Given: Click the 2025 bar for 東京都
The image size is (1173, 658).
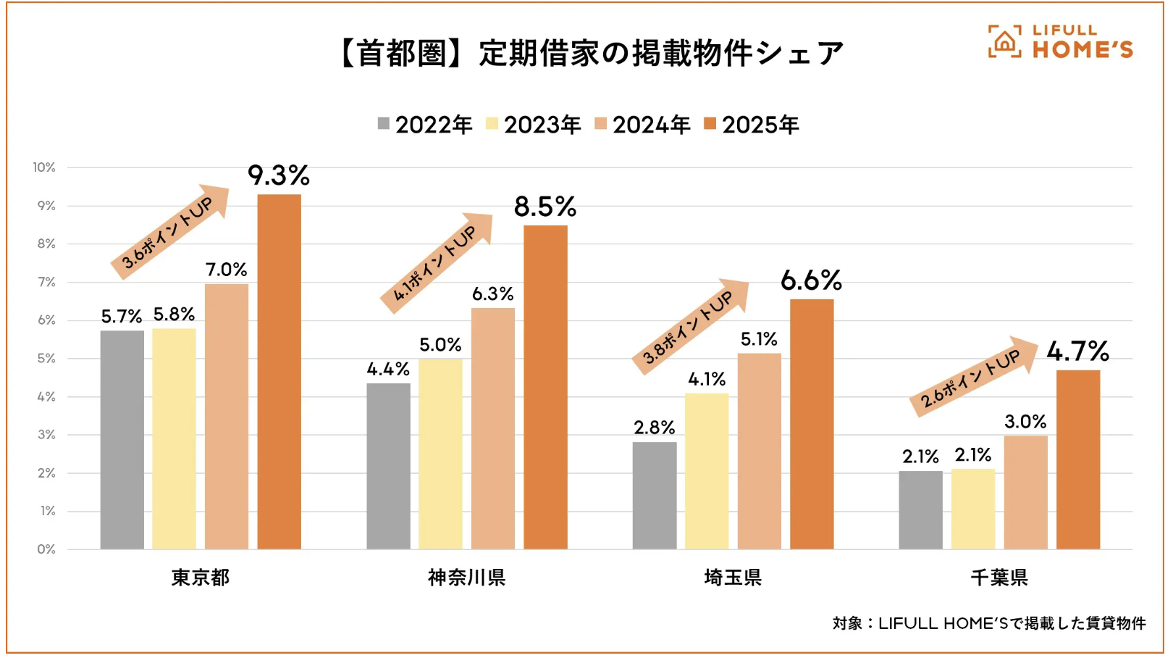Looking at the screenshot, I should click(x=279, y=372).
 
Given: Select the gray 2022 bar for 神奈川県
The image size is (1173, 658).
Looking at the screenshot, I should click(x=388, y=466).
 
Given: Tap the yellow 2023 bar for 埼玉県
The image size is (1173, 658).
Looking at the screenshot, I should click(x=707, y=471).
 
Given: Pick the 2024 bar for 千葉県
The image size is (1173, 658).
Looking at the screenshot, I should click(x=1025, y=492).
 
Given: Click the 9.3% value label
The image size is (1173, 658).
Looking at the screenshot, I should click(x=279, y=175).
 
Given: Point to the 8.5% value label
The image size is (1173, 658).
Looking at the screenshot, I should click(x=545, y=207).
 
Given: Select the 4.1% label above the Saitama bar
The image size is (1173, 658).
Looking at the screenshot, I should click(x=707, y=379).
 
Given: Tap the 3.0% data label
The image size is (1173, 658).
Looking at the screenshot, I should click(x=1025, y=422).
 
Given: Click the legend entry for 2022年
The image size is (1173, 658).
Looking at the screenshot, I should click(x=425, y=125).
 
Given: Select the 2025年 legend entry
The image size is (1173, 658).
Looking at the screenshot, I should click(x=752, y=125).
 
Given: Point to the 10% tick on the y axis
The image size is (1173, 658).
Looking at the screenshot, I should click(x=44, y=167).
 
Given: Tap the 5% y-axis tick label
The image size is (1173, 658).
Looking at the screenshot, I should click(x=46, y=358).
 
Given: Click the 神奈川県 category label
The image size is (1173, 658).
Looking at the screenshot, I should click(x=466, y=578).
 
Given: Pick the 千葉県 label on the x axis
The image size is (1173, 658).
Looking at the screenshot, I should click(x=999, y=578).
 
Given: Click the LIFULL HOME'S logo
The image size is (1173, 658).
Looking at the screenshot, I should click(x=1060, y=42).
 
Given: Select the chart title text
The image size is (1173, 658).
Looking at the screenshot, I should click(x=590, y=54).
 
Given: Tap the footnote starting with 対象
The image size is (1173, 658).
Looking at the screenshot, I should click(x=989, y=623).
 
